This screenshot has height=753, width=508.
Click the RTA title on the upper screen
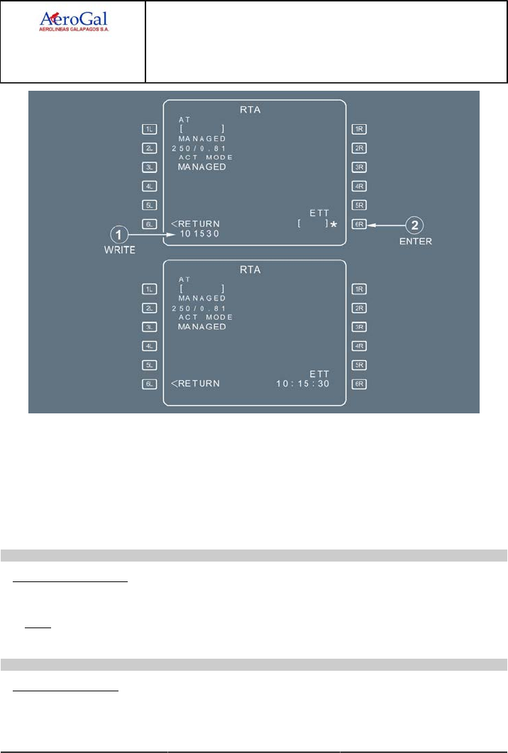pos(254,109)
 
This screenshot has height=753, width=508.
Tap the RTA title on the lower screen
pos(254,269)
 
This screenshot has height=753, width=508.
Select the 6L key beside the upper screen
pos(149,224)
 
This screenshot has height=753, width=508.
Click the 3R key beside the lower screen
pos(359,327)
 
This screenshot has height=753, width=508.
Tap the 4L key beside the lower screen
pos(149,346)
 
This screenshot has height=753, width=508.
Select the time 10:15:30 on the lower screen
pos(303,384)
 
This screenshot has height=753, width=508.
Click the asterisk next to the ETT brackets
pos(333,225)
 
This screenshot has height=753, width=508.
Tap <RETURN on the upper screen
pos(196,223)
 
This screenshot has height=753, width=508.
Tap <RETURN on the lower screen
pos(196,384)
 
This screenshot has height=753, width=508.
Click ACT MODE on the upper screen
pos(206,157)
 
